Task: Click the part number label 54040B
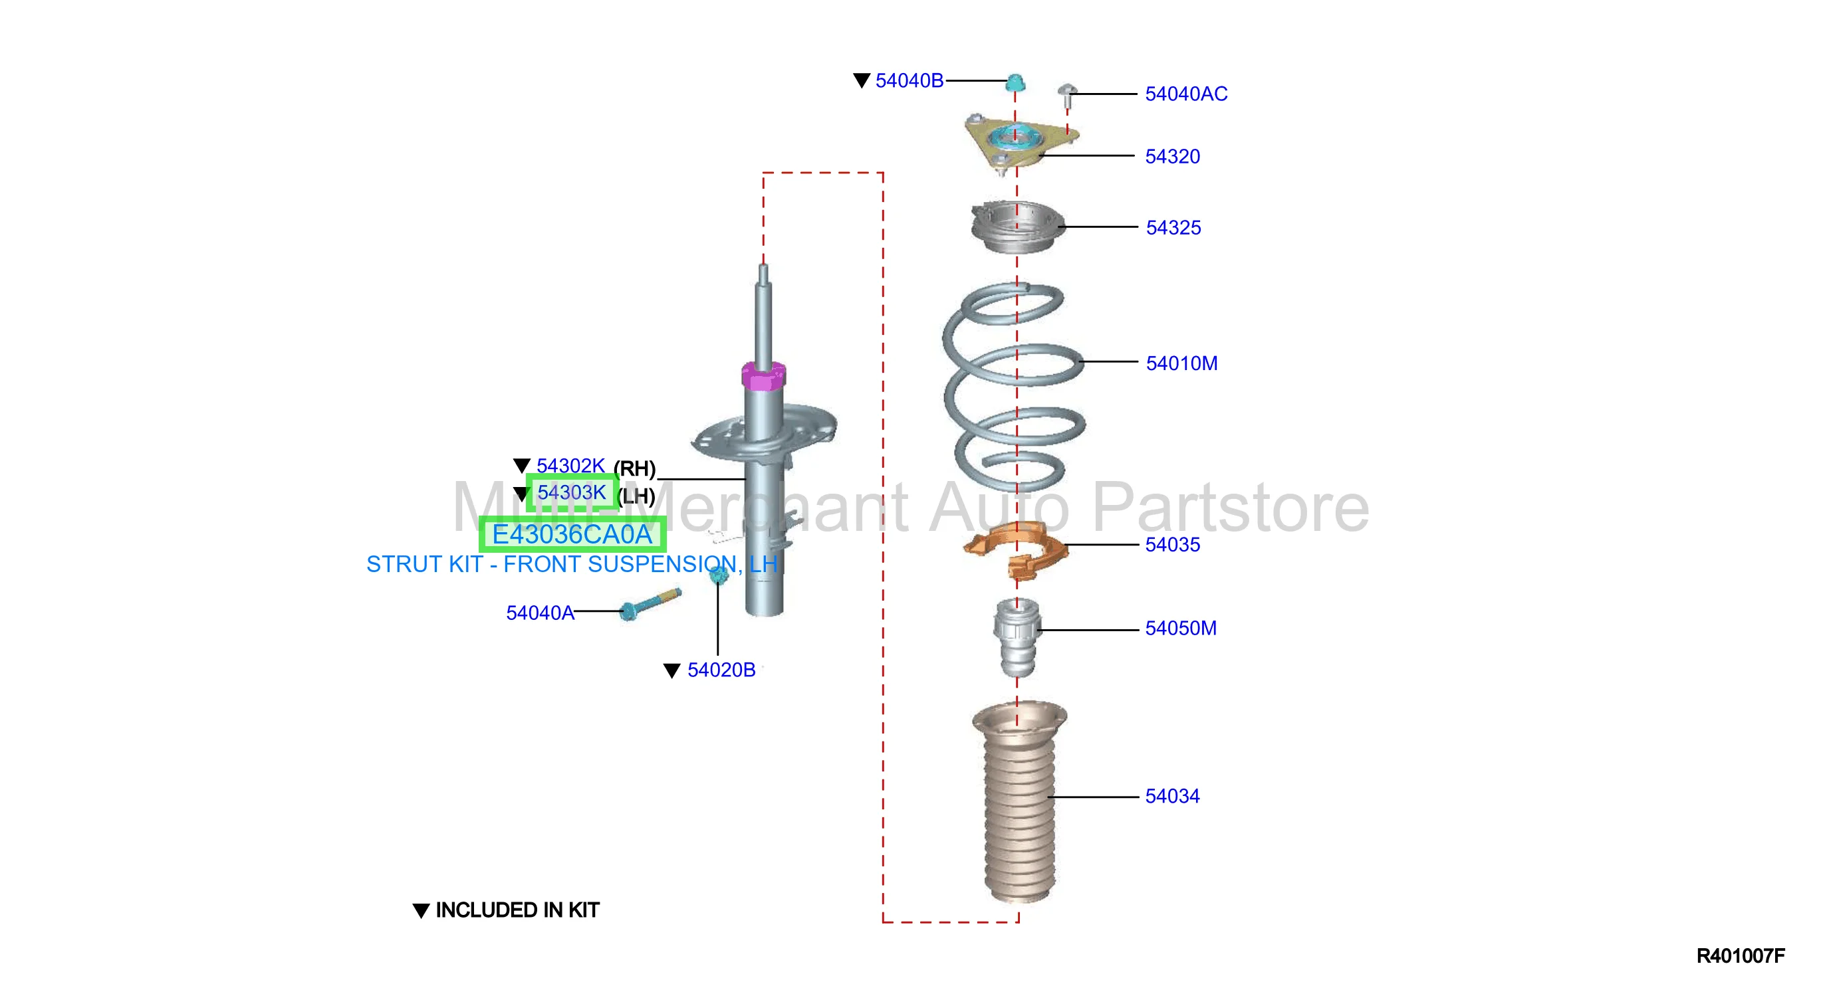[x=910, y=80]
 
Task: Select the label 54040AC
[x=1186, y=94]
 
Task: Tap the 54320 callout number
[x=1173, y=156]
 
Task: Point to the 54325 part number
[x=1173, y=228]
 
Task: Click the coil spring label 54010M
[x=1182, y=363]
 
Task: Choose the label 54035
[x=1173, y=545]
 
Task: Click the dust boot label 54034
[x=1173, y=797]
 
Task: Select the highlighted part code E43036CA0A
[x=572, y=535]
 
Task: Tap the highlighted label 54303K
[x=572, y=492]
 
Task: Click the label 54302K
[x=570, y=466]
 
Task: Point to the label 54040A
[x=540, y=613]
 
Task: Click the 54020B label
[x=721, y=670]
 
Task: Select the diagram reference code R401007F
[x=1740, y=956]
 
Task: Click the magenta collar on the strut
[x=763, y=375]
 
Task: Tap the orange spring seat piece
[x=1017, y=549]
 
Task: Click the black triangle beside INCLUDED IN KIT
[x=421, y=911]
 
